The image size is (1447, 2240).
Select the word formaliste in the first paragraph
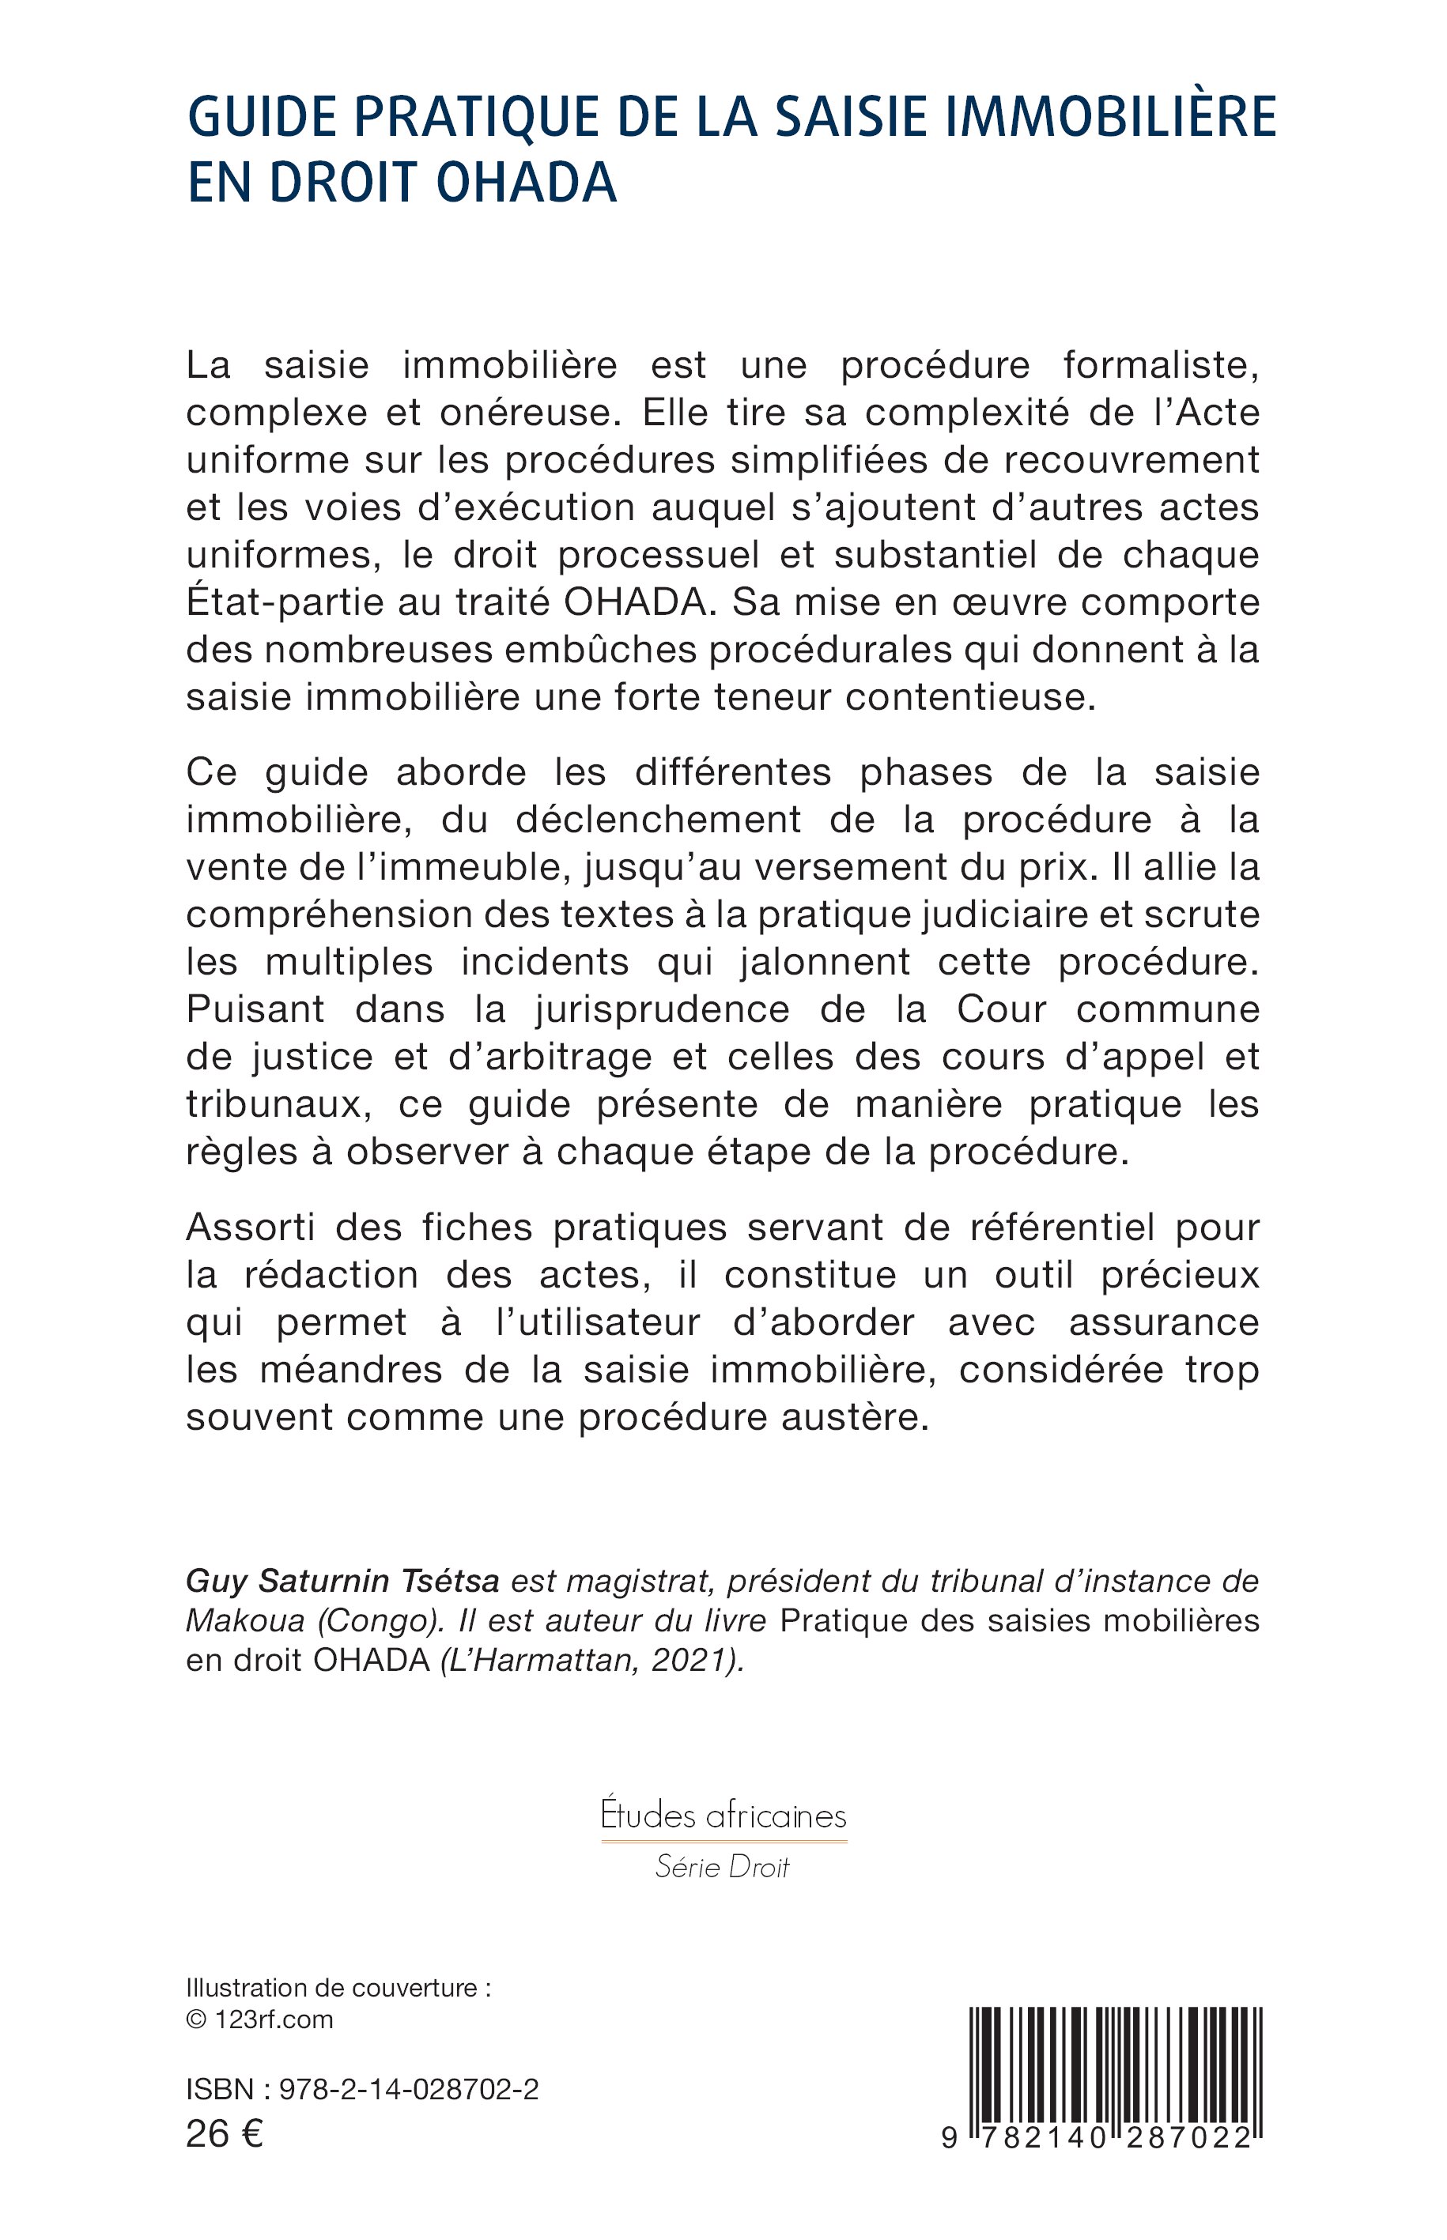[x=1162, y=364]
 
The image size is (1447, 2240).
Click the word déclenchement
[x=659, y=820]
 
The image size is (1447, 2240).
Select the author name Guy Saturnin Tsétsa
[x=342, y=1582]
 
